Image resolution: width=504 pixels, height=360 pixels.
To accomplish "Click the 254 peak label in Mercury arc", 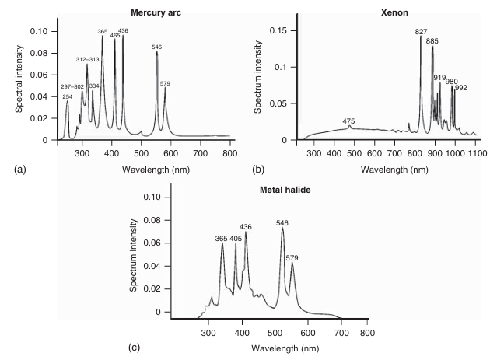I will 68,96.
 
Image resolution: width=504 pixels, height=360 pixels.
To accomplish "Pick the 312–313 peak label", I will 87,60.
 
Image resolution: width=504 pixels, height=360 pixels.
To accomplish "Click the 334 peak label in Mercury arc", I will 94,86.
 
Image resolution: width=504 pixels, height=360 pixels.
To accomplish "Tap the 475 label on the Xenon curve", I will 348,121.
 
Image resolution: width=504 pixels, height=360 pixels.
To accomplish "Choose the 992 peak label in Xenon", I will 461,88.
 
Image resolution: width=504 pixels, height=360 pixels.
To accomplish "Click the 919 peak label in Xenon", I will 439,77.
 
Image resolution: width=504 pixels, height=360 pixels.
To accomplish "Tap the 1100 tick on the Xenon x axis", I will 477,154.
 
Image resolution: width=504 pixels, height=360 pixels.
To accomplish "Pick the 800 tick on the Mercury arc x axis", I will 230,154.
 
